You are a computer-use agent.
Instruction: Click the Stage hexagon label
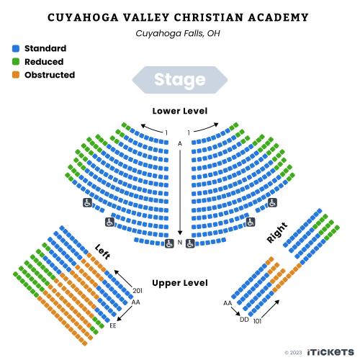pyautogui.click(x=180, y=80)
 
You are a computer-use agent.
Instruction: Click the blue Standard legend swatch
pyautogui.click(x=16, y=48)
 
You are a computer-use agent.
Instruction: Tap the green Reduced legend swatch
pyautogui.click(x=16, y=62)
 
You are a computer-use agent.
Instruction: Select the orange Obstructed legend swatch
pyautogui.click(x=16, y=75)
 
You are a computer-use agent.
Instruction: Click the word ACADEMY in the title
pyautogui.click(x=279, y=17)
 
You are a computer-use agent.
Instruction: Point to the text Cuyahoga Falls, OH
pyautogui.click(x=178, y=33)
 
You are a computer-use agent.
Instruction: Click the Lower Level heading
pyautogui.click(x=180, y=111)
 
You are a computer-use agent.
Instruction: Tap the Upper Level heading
pyautogui.click(x=180, y=283)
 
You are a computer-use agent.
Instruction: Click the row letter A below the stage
pyautogui.click(x=180, y=144)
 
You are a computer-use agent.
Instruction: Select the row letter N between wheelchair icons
pyautogui.click(x=180, y=243)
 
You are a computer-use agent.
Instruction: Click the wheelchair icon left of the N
pyautogui.click(x=169, y=243)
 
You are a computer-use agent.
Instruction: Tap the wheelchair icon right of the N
pyautogui.click(x=190, y=243)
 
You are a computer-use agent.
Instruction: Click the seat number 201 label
pyautogui.click(x=138, y=291)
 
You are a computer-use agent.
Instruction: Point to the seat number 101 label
pyautogui.click(x=257, y=321)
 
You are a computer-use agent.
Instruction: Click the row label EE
pyautogui.click(x=113, y=325)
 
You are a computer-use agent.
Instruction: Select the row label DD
pyautogui.click(x=244, y=320)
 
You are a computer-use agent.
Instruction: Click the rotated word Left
pyautogui.click(x=103, y=252)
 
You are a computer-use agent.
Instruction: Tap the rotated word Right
pyautogui.click(x=277, y=233)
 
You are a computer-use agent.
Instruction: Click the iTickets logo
pyautogui.click(x=330, y=352)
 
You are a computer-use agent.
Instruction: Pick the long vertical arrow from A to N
pyautogui.click(x=180, y=192)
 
